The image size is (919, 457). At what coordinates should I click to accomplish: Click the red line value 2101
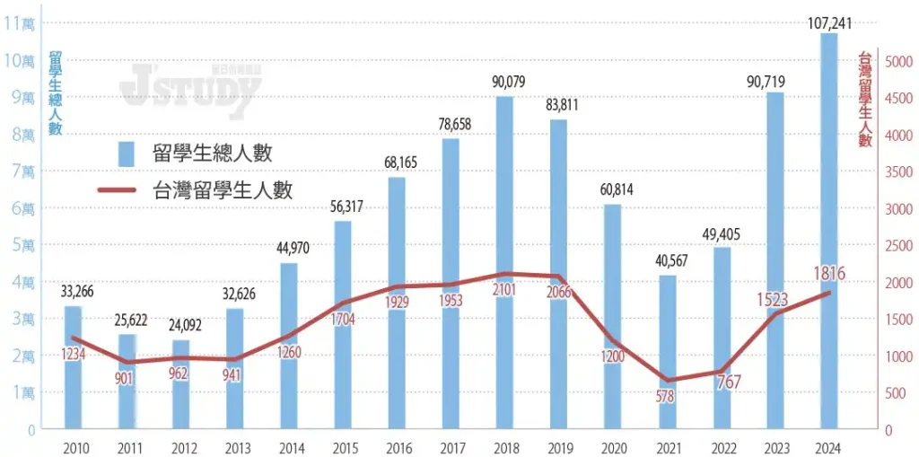(504, 289)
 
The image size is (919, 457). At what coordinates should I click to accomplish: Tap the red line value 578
(666, 396)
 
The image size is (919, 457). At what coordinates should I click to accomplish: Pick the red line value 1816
(827, 273)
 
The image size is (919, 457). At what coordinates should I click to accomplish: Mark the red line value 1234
(74, 355)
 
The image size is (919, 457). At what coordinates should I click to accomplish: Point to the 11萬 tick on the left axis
(19, 23)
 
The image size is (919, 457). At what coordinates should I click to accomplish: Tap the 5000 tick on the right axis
(900, 61)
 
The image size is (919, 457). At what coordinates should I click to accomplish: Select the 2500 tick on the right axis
(900, 245)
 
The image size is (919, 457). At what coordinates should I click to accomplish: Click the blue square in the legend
(127, 154)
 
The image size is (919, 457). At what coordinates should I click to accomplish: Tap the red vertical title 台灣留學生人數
(866, 100)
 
